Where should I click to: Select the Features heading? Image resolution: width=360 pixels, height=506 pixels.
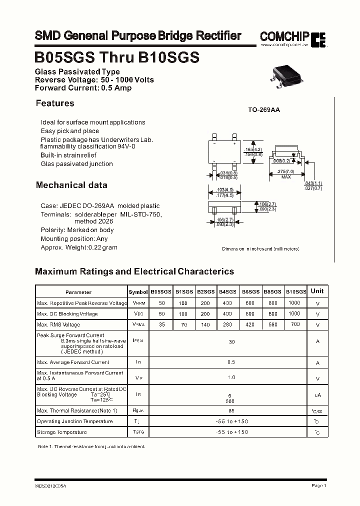pyautogui.click(x=55, y=103)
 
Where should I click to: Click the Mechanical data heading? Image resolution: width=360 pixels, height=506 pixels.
pyautogui.click(x=71, y=185)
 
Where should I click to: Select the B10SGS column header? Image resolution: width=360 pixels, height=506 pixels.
pyautogui.click(x=295, y=291)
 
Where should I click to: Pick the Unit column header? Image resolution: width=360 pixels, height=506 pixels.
pyautogui.click(x=317, y=291)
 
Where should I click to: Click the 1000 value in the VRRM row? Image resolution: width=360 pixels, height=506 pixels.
pyautogui.click(x=294, y=303)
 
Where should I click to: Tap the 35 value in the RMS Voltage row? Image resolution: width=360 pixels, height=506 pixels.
pyautogui.click(x=161, y=324)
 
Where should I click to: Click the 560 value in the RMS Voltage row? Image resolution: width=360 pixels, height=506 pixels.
pyautogui.click(x=272, y=324)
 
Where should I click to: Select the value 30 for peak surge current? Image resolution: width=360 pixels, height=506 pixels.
pyautogui.click(x=231, y=341)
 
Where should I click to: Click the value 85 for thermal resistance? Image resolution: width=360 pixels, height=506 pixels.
pyautogui.click(x=231, y=410)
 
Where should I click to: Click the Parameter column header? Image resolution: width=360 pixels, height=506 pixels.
pyautogui.click(x=78, y=292)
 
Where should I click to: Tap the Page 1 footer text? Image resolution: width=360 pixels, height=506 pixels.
pyautogui.click(x=318, y=485)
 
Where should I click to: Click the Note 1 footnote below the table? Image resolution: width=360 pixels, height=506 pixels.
pyautogui.click(x=91, y=446)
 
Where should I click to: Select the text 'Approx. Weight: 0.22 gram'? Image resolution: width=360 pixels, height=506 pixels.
pyautogui.click(x=79, y=247)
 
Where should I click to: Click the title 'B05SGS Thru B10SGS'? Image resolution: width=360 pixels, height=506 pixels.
pyautogui.click(x=117, y=57)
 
